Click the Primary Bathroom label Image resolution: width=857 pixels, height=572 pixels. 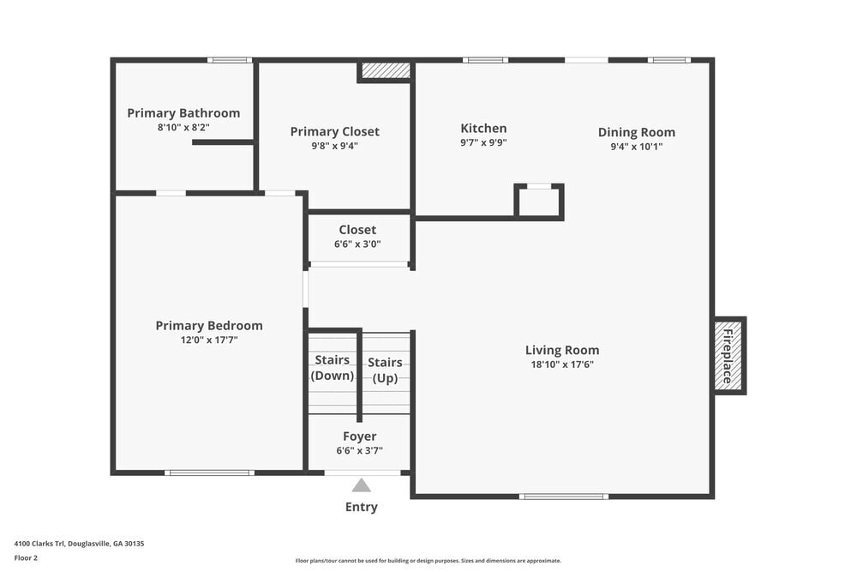[x=183, y=113]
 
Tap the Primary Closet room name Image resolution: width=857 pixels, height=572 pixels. [x=334, y=131]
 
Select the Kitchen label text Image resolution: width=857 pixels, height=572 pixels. [x=483, y=129]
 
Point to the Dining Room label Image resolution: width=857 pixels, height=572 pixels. [x=636, y=132]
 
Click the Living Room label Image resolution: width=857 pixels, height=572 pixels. [x=562, y=350]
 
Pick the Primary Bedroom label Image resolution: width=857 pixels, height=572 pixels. [x=209, y=326]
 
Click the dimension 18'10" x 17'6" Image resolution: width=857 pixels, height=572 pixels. [x=562, y=364]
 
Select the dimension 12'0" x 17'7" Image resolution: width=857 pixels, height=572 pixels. [x=209, y=340]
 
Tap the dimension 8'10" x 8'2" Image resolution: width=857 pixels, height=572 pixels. [x=183, y=128]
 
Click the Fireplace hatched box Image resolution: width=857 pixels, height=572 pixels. [x=728, y=356]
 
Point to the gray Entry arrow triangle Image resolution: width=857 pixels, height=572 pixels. [x=362, y=486]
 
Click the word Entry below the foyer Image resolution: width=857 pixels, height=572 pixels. [x=362, y=507]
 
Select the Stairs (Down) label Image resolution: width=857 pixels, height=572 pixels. [x=333, y=368]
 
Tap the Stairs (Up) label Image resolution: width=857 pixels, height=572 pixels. [x=385, y=370]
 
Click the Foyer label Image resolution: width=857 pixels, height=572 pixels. [x=359, y=437]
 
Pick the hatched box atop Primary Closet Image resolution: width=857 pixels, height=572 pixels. [x=385, y=70]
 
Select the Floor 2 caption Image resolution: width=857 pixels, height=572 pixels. [x=26, y=557]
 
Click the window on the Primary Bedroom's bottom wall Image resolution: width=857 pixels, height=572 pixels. [x=209, y=473]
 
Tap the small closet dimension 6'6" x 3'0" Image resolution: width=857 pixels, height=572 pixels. [x=357, y=244]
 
